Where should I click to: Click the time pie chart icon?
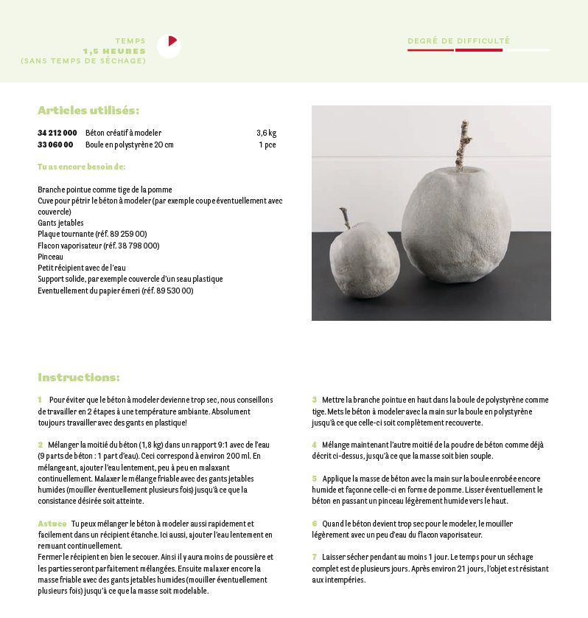[x=169, y=46]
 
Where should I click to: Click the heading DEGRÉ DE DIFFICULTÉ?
[x=458, y=41]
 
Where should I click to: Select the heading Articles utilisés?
[x=88, y=111]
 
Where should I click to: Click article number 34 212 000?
[x=57, y=133]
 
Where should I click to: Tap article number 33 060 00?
[x=55, y=145]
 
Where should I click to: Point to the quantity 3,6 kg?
[x=266, y=133]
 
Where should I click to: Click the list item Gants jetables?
[x=60, y=223]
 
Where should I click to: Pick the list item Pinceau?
[x=50, y=257]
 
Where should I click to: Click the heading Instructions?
[x=79, y=378]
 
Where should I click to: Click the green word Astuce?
[x=52, y=524]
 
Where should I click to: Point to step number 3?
[x=314, y=400]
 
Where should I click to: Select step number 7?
[x=314, y=557]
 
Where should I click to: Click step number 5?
[x=314, y=479]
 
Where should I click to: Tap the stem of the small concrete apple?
[x=345, y=218]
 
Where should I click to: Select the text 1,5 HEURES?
[x=114, y=51]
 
